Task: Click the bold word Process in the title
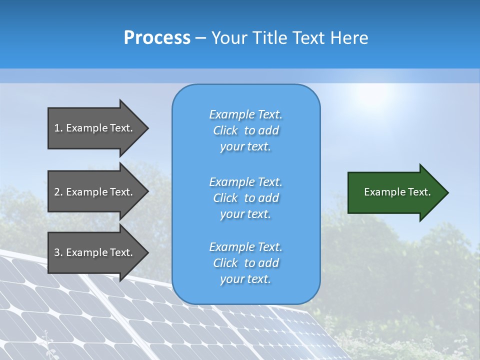click(157, 37)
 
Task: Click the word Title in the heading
click(270, 37)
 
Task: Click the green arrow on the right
click(395, 192)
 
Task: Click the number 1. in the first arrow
click(58, 128)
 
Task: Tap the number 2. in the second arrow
click(58, 192)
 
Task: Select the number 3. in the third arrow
click(58, 252)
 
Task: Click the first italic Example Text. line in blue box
click(245, 114)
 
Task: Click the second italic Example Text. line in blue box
click(245, 181)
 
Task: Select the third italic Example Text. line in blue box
click(245, 247)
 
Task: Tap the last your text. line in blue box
click(245, 279)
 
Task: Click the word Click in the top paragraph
click(225, 130)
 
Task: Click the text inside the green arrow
click(397, 192)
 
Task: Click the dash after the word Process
click(200, 37)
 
